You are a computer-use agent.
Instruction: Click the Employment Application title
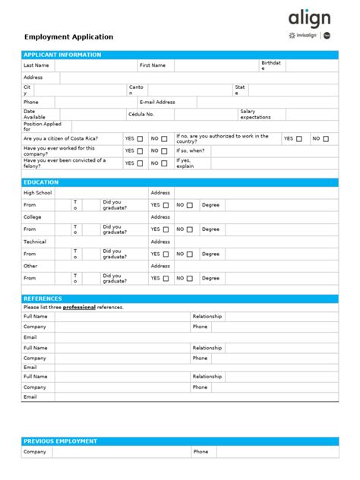pyautogui.click(x=68, y=36)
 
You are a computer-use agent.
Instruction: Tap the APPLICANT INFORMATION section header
pyautogui.click(x=62, y=55)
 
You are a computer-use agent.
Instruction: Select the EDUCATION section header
pyautogui.click(x=41, y=182)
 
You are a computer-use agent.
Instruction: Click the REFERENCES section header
pyautogui.click(x=43, y=298)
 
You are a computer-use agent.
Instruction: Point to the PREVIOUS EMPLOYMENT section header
pyautogui.click(x=60, y=441)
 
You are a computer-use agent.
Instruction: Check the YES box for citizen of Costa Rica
pyautogui.click(x=141, y=139)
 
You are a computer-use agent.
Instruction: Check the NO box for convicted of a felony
pyautogui.click(x=165, y=163)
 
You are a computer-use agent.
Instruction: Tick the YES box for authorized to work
pyautogui.click(x=299, y=139)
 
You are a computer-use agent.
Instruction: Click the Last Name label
pyautogui.click(x=36, y=65)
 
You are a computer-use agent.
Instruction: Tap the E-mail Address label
pyautogui.click(x=157, y=102)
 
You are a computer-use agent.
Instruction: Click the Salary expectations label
pyautogui.click(x=255, y=114)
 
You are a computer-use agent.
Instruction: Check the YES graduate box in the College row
pyautogui.click(x=166, y=229)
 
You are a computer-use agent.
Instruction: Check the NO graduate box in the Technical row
pyautogui.click(x=190, y=254)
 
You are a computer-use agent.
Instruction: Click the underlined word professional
pyautogui.click(x=79, y=307)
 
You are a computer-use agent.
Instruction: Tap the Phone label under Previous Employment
pyautogui.click(x=201, y=452)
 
